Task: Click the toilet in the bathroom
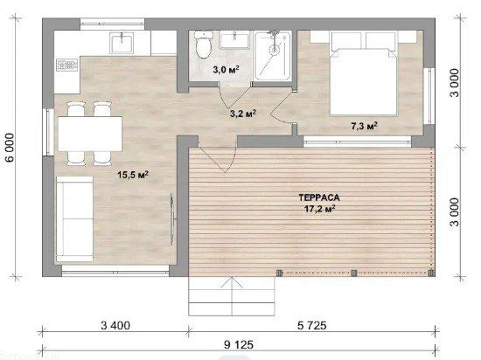click(x=203, y=45)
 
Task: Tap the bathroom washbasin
click(x=234, y=41)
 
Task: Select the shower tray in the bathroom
click(x=273, y=55)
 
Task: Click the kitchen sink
click(x=122, y=43)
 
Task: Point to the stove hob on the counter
click(x=66, y=65)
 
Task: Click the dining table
click(x=90, y=134)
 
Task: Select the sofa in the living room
click(x=74, y=219)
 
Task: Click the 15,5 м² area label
click(x=133, y=175)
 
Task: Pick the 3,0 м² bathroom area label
click(x=227, y=70)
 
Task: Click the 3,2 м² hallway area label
click(x=243, y=114)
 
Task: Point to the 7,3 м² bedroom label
click(x=364, y=126)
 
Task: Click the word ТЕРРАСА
click(x=319, y=197)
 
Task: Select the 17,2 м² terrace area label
click(x=319, y=209)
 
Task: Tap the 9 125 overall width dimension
click(x=239, y=344)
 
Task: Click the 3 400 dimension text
click(x=115, y=325)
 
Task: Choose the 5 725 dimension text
click(x=312, y=325)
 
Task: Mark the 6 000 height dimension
click(x=10, y=147)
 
